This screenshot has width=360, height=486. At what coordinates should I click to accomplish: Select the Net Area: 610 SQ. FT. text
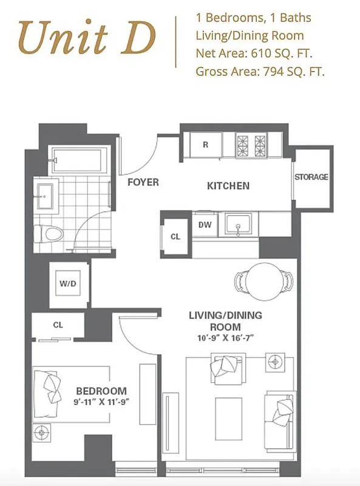coord(254,53)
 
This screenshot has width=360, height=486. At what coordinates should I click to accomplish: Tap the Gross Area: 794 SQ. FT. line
coord(260,72)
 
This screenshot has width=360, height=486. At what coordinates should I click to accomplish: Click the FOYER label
coord(143,182)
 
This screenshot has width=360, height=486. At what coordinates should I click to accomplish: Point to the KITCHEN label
coord(228,185)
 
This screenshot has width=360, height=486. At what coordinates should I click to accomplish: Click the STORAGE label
coord(311,177)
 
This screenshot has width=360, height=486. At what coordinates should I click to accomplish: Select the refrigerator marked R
coord(205,145)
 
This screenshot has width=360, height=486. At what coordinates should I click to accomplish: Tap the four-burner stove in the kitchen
coord(252,145)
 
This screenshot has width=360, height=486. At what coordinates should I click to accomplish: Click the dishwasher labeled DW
coord(205,224)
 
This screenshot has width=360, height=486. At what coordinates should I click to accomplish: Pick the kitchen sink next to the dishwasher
coord(238,225)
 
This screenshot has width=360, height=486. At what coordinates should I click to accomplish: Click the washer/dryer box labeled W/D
coord(67,284)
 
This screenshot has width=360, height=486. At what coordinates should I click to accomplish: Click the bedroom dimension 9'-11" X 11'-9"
coord(101,402)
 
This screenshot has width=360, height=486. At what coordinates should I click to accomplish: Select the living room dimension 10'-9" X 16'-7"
coord(225,338)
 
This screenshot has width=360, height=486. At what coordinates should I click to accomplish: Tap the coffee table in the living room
coord(229,413)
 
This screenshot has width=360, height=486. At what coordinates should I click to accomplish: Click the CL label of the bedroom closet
coord(58,325)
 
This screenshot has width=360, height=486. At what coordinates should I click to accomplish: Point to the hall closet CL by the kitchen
coord(175,236)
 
